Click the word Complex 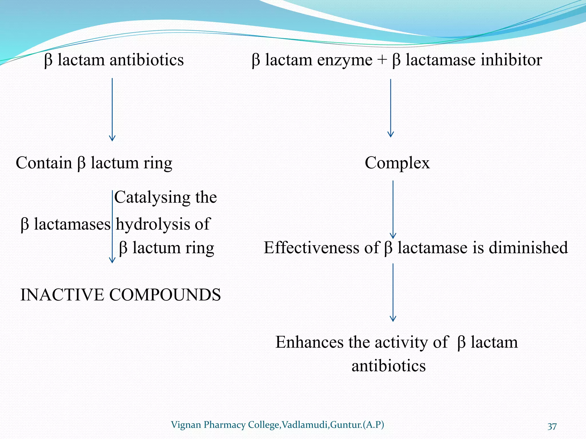pos(397,163)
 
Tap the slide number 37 pos(552,426)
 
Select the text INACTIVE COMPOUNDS pos(120,295)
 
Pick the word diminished pos(528,248)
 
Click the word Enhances pos(309,342)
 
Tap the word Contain pos(44,163)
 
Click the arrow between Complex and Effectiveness pos(393,209)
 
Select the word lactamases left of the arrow pos(72,224)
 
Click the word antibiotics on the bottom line pos(389,366)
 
